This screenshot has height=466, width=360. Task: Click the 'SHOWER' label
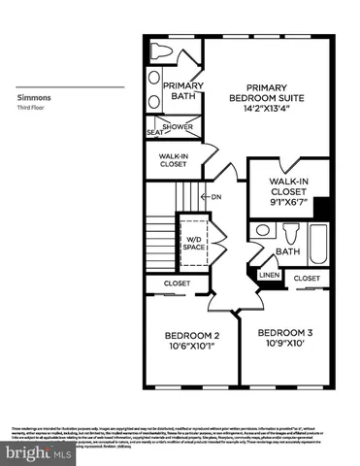tap(178, 127)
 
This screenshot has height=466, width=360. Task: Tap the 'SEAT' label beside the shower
tap(153, 133)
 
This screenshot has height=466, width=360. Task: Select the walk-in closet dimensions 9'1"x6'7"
tap(288, 203)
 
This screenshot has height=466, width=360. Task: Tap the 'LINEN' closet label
tap(269, 275)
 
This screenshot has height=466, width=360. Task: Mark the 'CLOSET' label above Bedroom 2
tap(177, 283)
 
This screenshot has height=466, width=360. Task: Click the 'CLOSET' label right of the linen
tap(307, 279)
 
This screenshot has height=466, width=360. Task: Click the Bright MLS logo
tap(37, 451)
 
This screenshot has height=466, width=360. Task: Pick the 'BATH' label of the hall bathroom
tap(289, 252)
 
